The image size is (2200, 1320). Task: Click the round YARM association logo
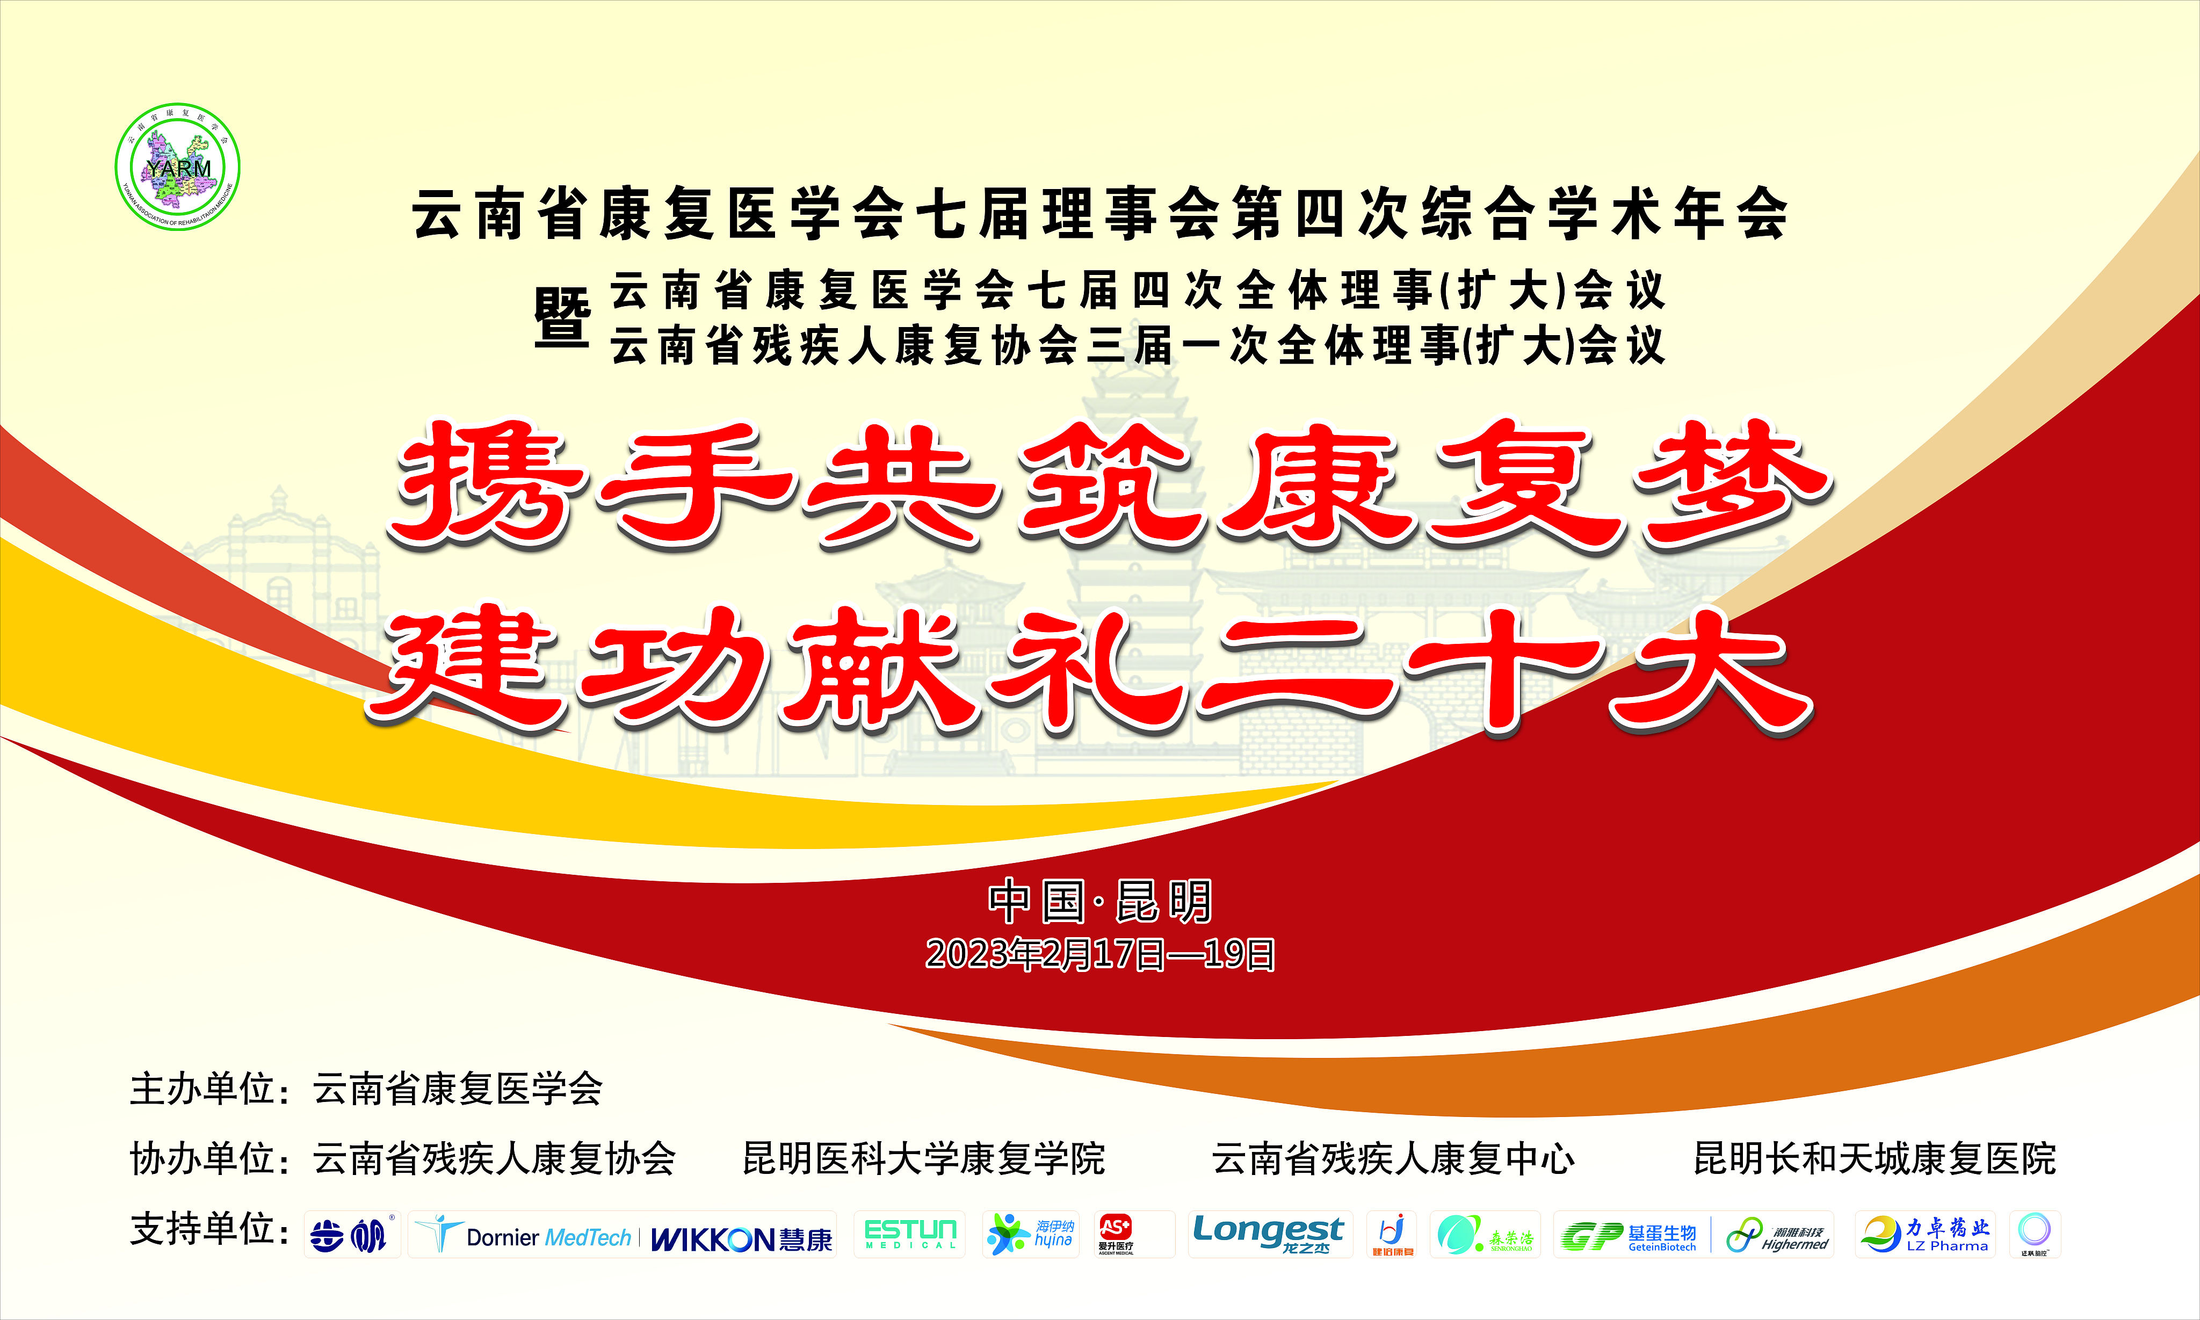178,167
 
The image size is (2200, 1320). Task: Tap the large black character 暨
561,317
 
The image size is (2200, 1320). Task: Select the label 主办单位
203,1089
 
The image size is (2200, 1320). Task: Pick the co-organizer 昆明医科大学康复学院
923,1159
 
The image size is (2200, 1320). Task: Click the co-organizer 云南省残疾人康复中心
1393,1159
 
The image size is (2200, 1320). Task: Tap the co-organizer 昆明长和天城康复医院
1875,1159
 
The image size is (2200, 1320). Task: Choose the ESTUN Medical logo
910,1234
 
